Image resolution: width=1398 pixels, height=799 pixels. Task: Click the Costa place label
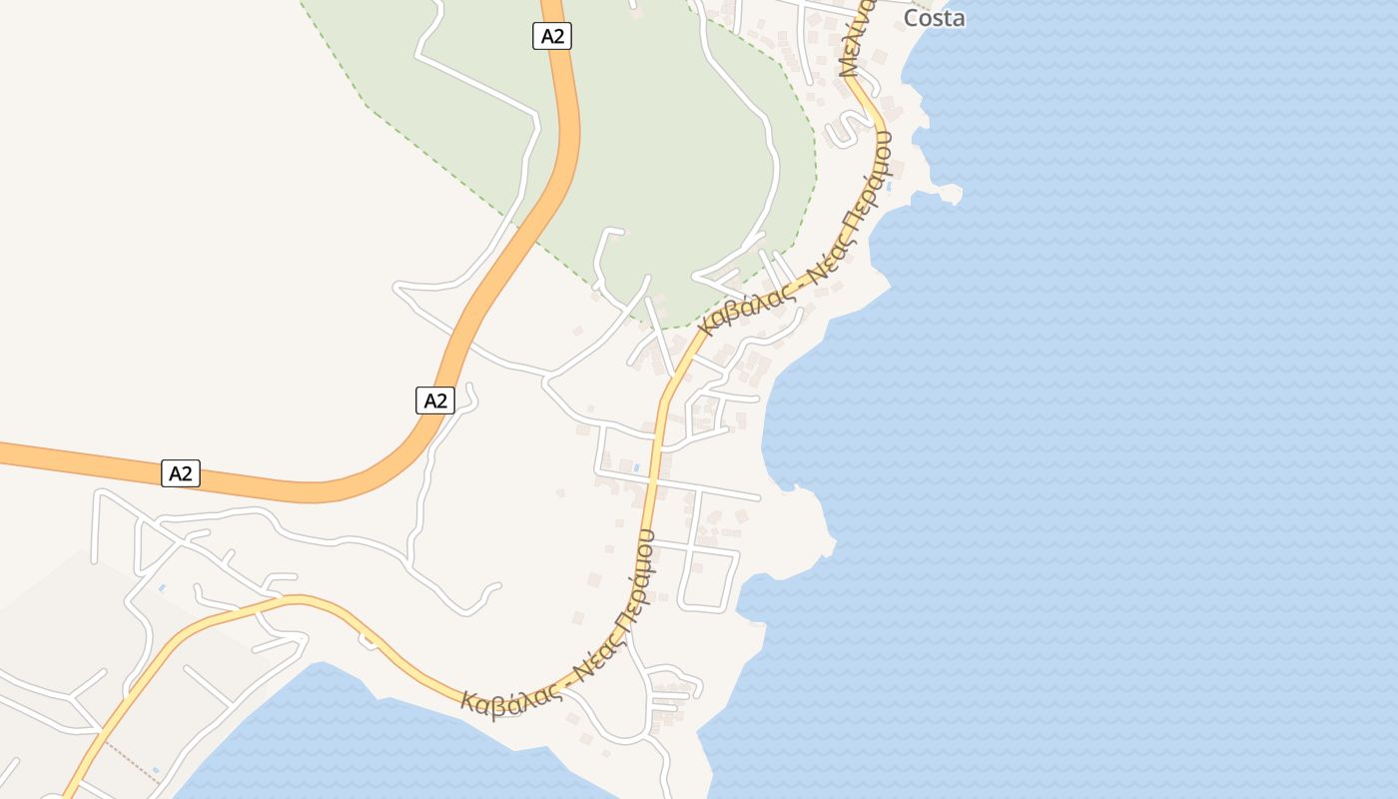pos(934,18)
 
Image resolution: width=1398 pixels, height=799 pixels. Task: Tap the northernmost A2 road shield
pos(551,37)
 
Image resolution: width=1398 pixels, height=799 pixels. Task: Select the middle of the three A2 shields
pos(434,400)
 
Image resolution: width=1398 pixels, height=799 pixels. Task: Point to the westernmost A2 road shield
pos(181,473)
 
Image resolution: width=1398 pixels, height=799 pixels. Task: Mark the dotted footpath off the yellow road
pos(130,758)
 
